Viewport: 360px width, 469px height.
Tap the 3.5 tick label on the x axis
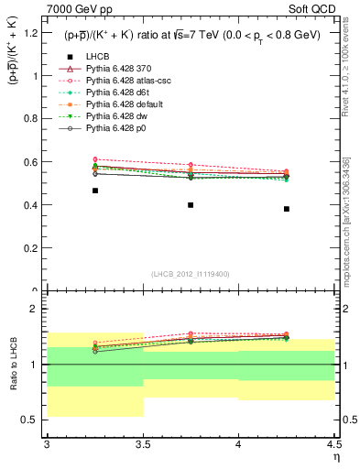click(143, 444)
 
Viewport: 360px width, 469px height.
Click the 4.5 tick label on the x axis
click(333, 444)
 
